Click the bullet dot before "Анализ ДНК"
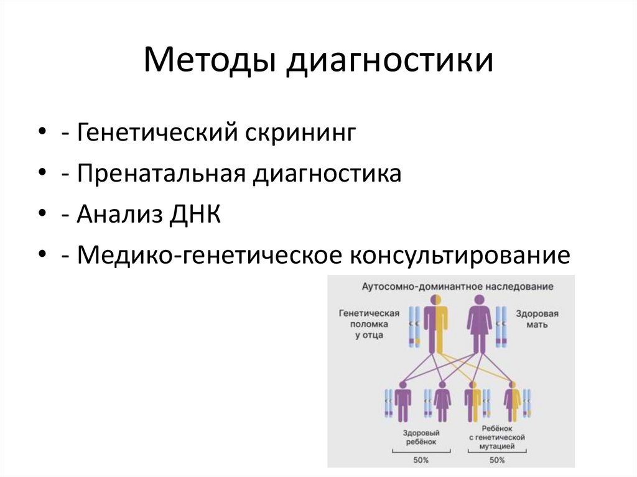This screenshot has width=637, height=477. click(42, 215)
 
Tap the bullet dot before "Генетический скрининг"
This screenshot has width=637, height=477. click(42, 133)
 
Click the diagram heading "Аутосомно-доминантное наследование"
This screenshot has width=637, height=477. click(458, 287)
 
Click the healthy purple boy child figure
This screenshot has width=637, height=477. click(404, 402)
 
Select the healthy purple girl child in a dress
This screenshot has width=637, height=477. click(442, 402)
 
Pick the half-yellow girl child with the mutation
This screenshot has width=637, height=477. click(513, 402)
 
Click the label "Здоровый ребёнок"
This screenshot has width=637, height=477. click(417, 437)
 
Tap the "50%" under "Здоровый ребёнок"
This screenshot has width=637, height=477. click(418, 460)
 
